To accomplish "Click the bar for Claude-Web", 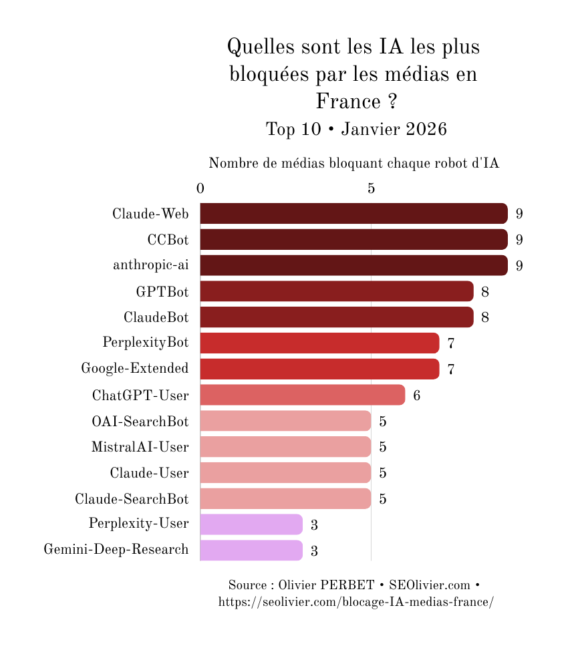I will (x=353, y=214).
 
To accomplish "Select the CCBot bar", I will (x=353, y=239).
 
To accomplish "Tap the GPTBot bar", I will (x=336, y=291).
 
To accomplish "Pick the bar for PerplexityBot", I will (x=319, y=343).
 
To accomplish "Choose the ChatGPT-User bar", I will (x=302, y=395).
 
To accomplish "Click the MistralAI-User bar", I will (x=285, y=447).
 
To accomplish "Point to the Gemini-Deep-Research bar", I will (x=251, y=550).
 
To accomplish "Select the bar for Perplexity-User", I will (x=251, y=524).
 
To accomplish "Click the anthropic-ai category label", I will (x=150, y=265).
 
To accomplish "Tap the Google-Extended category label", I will (x=135, y=369).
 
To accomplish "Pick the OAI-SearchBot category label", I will (x=140, y=422).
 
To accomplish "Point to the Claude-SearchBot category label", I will (x=132, y=499).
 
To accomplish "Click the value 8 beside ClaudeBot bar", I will (x=485, y=317).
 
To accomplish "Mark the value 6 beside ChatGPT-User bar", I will (x=417, y=395).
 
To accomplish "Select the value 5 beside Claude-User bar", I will (x=383, y=473).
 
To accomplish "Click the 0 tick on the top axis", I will (x=200, y=188).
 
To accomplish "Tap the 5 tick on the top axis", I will (x=371, y=188).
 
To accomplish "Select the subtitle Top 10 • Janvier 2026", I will (x=356, y=129).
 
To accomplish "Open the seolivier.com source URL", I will (x=356, y=602).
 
